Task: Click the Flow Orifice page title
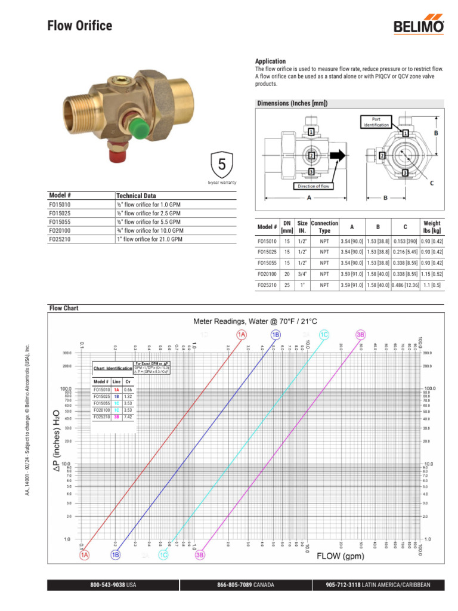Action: click(x=79, y=25)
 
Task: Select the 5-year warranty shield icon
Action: click(x=222, y=164)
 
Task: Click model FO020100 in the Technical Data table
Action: click(x=60, y=230)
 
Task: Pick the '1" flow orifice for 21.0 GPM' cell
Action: click(x=149, y=239)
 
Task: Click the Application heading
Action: click(x=270, y=61)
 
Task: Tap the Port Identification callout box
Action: click(x=377, y=122)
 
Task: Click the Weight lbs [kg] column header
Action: click(x=431, y=227)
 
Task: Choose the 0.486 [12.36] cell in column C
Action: click(x=405, y=286)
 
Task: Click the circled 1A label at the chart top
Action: click(x=242, y=335)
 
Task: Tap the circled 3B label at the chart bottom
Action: click(x=200, y=555)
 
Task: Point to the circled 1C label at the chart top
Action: click(x=324, y=335)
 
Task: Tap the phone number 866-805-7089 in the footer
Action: click(x=237, y=585)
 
